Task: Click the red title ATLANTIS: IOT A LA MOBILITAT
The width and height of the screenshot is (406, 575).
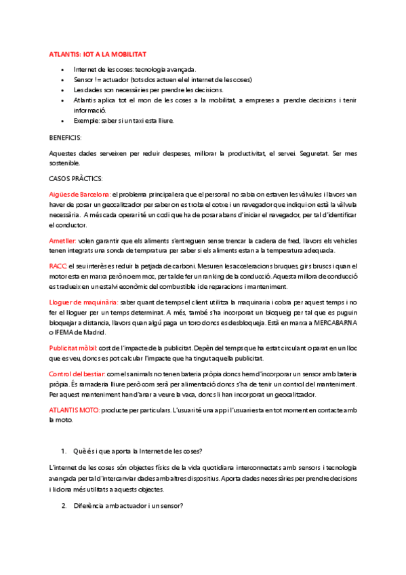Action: coord(98,53)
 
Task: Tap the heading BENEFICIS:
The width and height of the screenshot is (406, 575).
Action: coord(65,137)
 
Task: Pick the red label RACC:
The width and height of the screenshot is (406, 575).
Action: coord(58,267)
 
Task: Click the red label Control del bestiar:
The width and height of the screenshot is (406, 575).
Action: coord(77,374)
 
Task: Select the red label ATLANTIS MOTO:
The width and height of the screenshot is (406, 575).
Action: coord(75,410)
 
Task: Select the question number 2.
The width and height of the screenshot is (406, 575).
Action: coord(64,506)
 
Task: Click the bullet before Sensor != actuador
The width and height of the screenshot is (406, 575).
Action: coord(62,79)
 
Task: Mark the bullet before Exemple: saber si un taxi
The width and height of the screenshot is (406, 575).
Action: coord(62,121)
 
